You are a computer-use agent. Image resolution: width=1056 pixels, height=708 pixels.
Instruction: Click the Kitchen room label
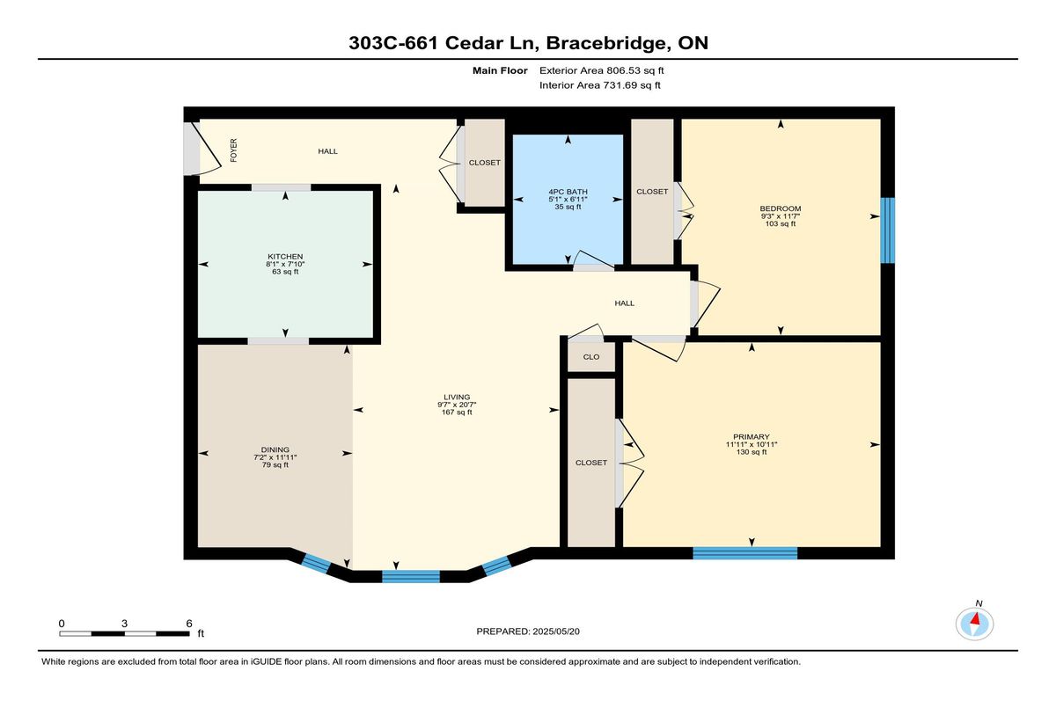click(x=285, y=257)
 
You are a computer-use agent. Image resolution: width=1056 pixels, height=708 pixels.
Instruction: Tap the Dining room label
click(x=275, y=449)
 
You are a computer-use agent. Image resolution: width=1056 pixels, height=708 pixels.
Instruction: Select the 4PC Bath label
click(x=568, y=192)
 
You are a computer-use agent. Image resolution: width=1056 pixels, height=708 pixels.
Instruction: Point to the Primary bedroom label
click(x=752, y=436)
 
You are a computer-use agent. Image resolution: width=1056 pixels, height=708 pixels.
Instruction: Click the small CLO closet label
click(x=591, y=357)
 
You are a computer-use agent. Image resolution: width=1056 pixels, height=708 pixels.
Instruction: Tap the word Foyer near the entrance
click(x=234, y=150)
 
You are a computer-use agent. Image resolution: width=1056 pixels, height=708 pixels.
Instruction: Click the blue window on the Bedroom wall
click(x=888, y=230)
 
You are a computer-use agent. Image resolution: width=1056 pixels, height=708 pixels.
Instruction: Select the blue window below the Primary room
click(x=744, y=553)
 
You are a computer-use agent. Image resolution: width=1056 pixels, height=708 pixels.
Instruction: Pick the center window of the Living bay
click(x=411, y=577)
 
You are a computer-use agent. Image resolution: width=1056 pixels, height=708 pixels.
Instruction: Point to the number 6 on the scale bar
click(x=189, y=624)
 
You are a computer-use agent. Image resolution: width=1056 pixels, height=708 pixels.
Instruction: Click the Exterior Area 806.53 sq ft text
click(x=602, y=70)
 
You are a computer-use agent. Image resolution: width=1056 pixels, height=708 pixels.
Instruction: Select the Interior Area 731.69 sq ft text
click(x=599, y=85)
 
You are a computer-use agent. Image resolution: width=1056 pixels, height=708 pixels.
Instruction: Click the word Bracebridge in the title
click(x=607, y=43)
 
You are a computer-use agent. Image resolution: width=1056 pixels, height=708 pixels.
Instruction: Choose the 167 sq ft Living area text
click(x=457, y=412)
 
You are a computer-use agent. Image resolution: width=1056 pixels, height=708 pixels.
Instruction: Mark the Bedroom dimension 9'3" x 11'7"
click(x=781, y=216)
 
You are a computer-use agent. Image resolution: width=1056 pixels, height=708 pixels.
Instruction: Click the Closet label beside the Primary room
click(x=591, y=463)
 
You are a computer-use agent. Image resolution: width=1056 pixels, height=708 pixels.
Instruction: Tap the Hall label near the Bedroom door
click(x=624, y=303)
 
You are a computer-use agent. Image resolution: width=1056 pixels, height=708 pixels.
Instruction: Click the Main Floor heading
click(x=500, y=70)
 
